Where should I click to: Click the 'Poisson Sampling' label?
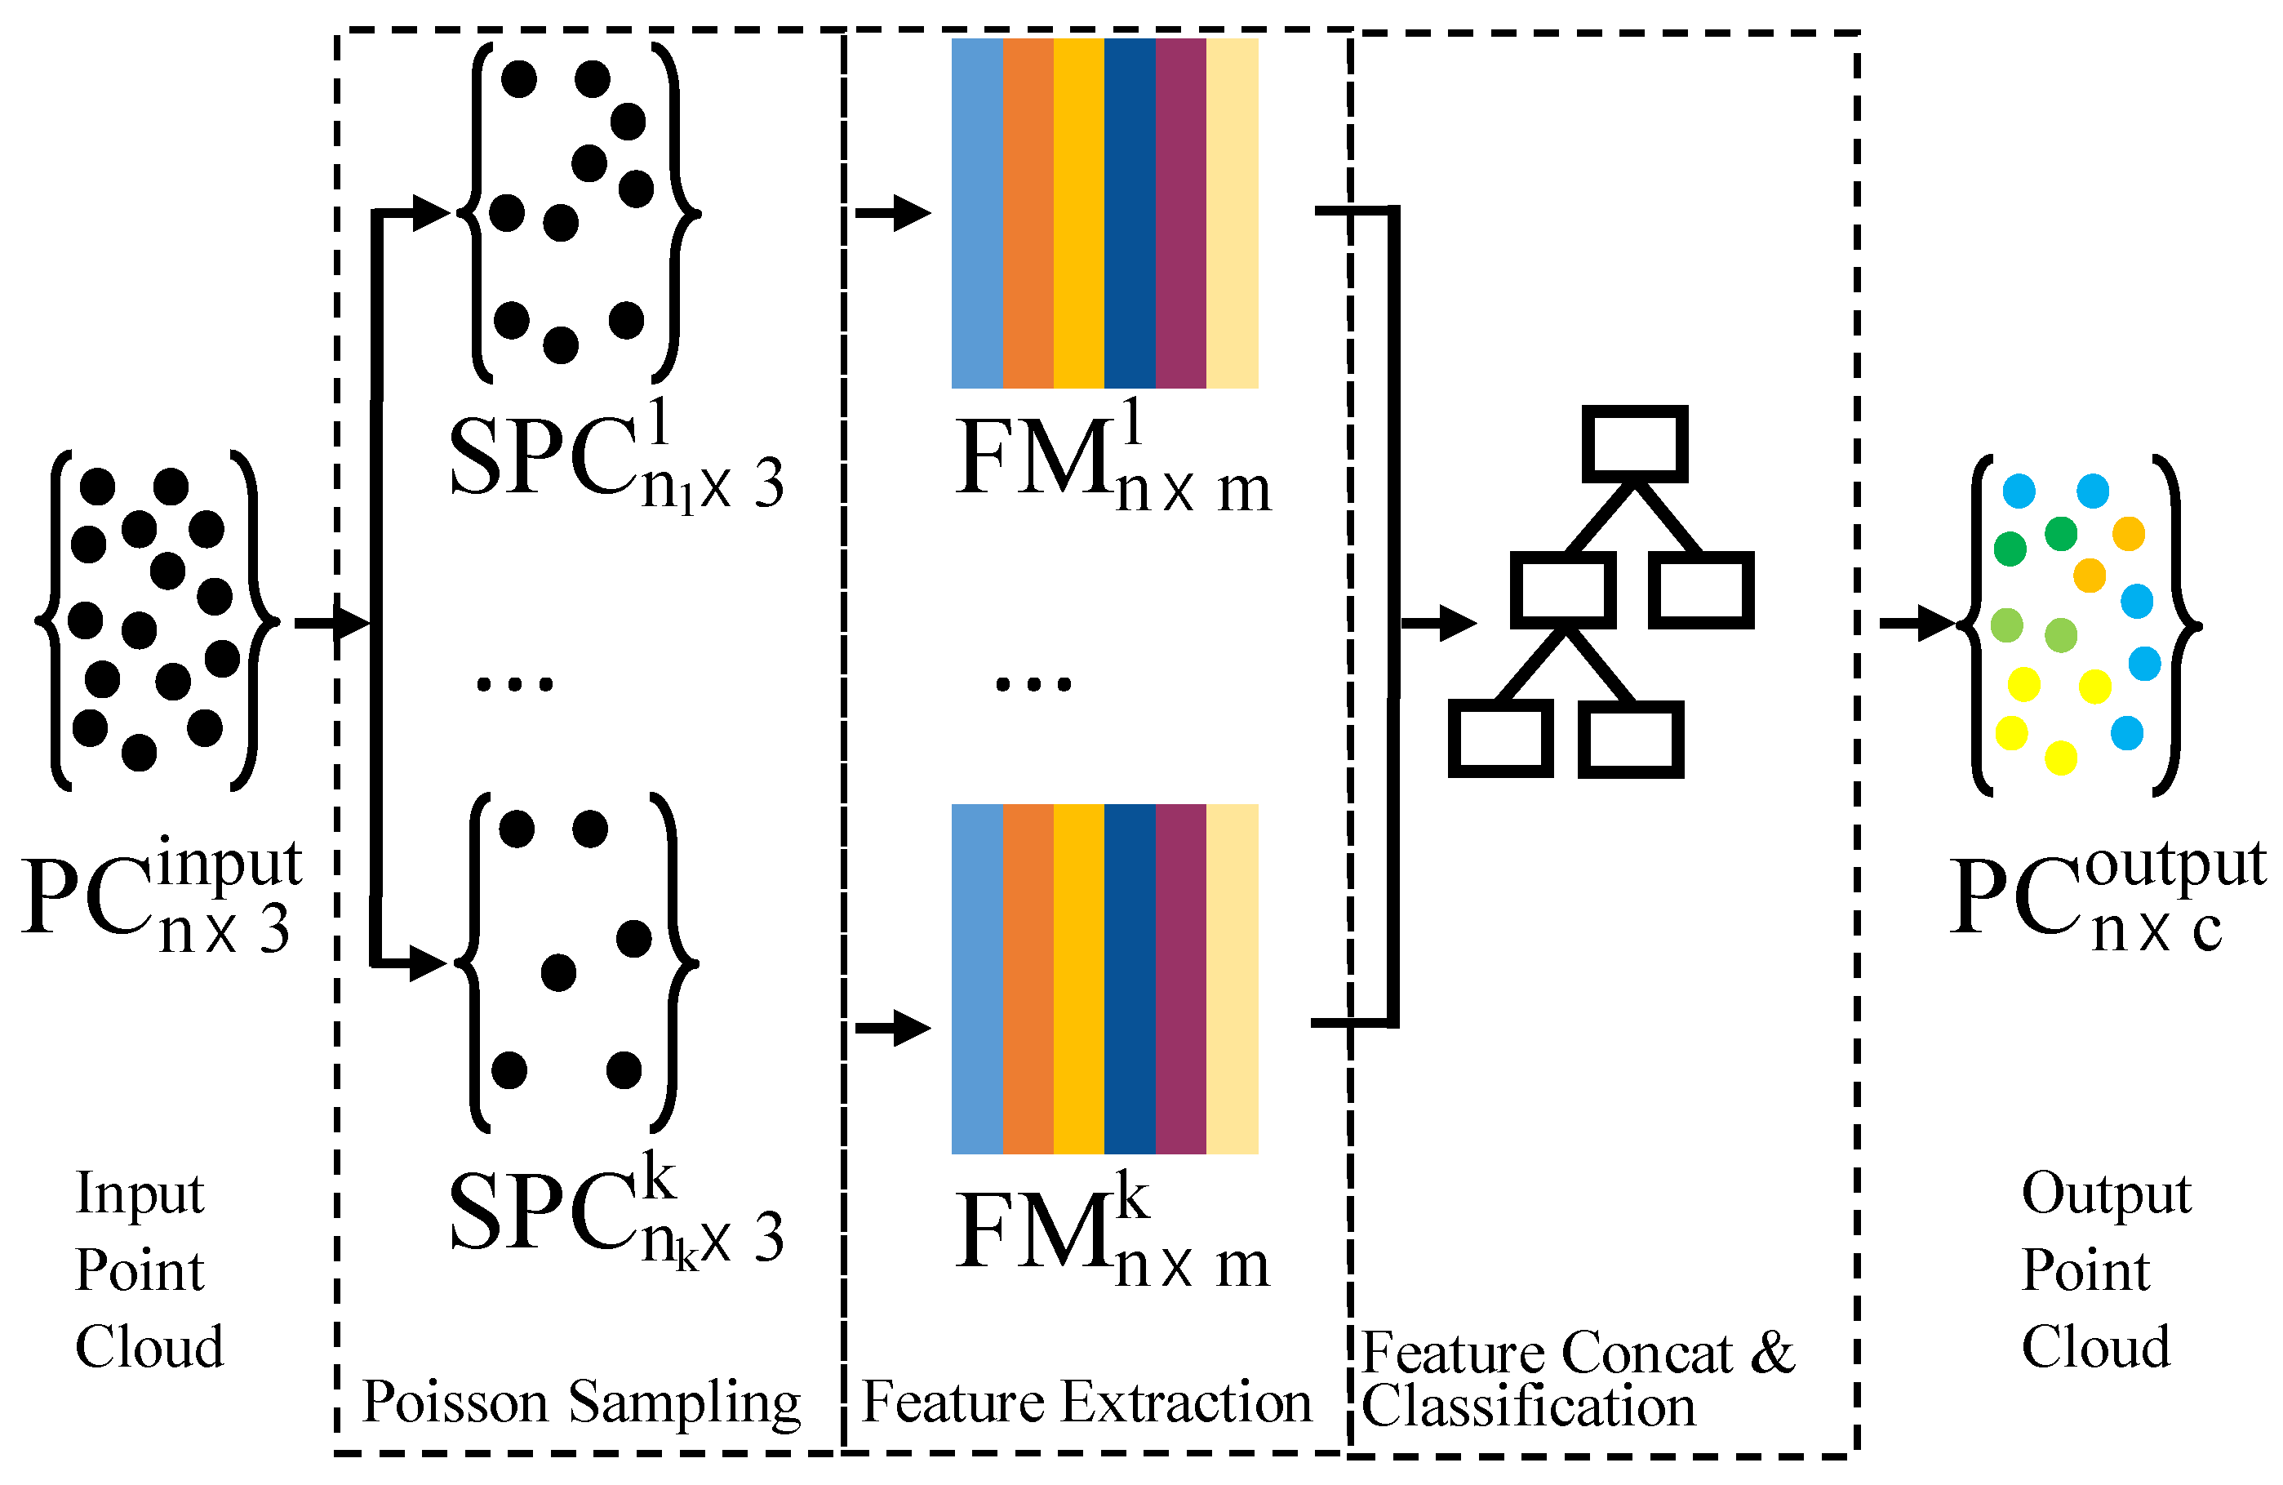point(580,1403)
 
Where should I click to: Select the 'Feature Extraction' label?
point(1086,1403)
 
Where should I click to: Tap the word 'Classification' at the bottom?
point(1528,1407)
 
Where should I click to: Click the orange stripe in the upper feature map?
point(1028,213)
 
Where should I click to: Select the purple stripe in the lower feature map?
point(1180,979)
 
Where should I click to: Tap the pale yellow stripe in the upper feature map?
point(1232,213)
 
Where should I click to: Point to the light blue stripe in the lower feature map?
point(976,979)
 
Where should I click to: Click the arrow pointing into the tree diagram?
point(1439,624)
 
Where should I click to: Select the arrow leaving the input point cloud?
point(331,624)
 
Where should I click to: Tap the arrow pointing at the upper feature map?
point(892,213)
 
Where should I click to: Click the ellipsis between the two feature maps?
point(1033,684)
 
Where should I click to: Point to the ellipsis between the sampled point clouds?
point(515,684)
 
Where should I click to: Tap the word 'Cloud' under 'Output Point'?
point(2095,1348)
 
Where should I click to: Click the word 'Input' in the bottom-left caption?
point(140,1194)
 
